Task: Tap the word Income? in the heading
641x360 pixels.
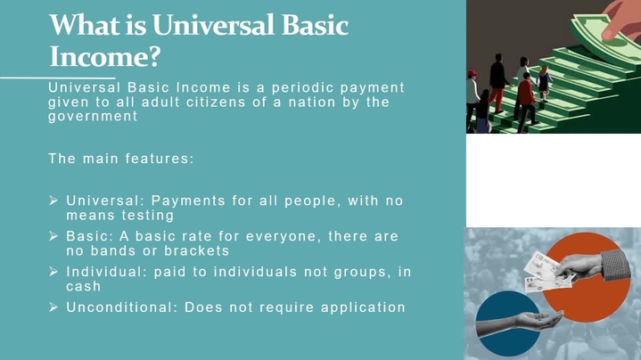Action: (105, 57)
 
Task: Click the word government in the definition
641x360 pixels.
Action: (93, 117)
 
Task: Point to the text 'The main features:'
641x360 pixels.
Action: (121, 159)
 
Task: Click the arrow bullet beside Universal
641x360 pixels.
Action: (53, 200)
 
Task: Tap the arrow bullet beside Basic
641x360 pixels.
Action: (53, 236)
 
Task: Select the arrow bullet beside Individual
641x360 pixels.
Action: (53, 272)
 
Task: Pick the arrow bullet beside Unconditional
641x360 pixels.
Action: (53, 307)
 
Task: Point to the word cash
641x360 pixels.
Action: (84, 286)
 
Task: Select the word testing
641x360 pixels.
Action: (148, 216)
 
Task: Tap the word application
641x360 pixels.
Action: (363, 307)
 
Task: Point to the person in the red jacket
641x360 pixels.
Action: (526, 102)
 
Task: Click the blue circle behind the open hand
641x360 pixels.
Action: (508, 323)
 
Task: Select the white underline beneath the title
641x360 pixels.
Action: (58, 78)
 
